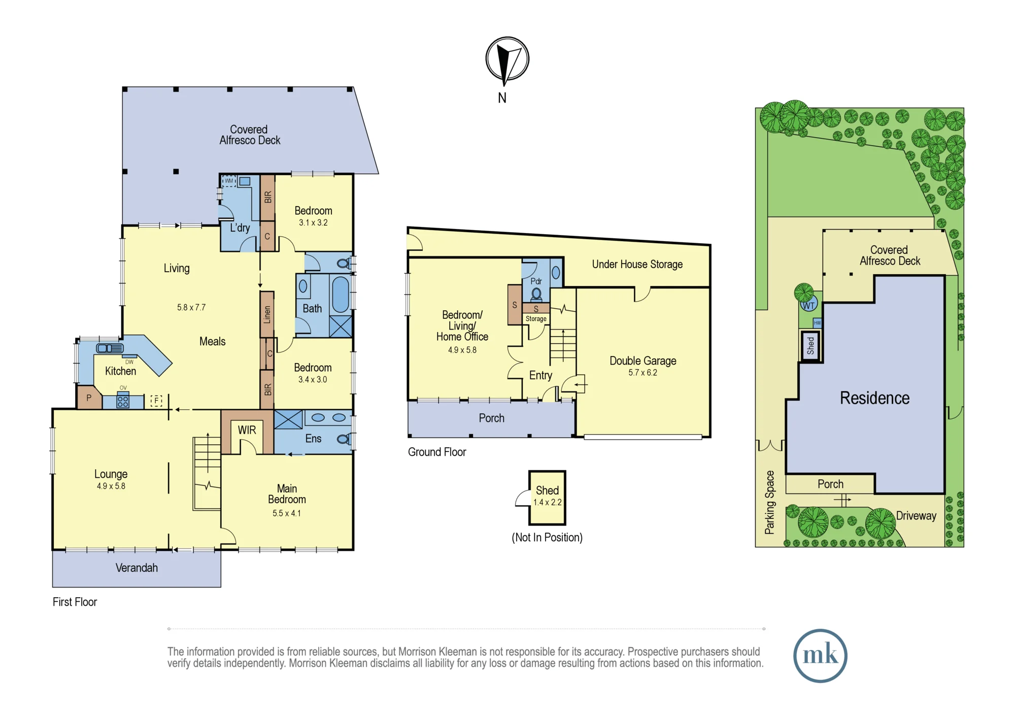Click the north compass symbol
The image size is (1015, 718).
tap(507, 60)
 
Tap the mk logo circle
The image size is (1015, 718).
tap(820, 656)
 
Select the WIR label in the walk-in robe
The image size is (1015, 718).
tap(247, 430)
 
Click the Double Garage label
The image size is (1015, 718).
tap(643, 361)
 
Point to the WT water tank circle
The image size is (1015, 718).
tap(808, 305)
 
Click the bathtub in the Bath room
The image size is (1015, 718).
tap(341, 294)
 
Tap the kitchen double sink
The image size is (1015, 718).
tap(110, 348)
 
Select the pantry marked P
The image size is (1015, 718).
tap(89, 398)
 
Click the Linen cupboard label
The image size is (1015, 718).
tap(267, 314)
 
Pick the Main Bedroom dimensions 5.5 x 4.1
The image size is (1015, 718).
tap(287, 513)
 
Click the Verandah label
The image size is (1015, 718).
tap(137, 568)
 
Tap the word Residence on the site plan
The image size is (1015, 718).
tap(874, 398)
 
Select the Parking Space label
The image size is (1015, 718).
tap(770, 502)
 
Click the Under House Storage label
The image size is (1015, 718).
tap(637, 264)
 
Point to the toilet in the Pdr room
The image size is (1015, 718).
tap(536, 295)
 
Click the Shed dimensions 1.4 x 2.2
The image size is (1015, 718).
tap(547, 502)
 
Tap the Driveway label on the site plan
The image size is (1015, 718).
tap(916, 516)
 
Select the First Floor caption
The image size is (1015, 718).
tap(75, 602)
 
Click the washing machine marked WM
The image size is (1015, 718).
tap(229, 181)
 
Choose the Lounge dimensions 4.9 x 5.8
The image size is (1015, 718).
tap(111, 486)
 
